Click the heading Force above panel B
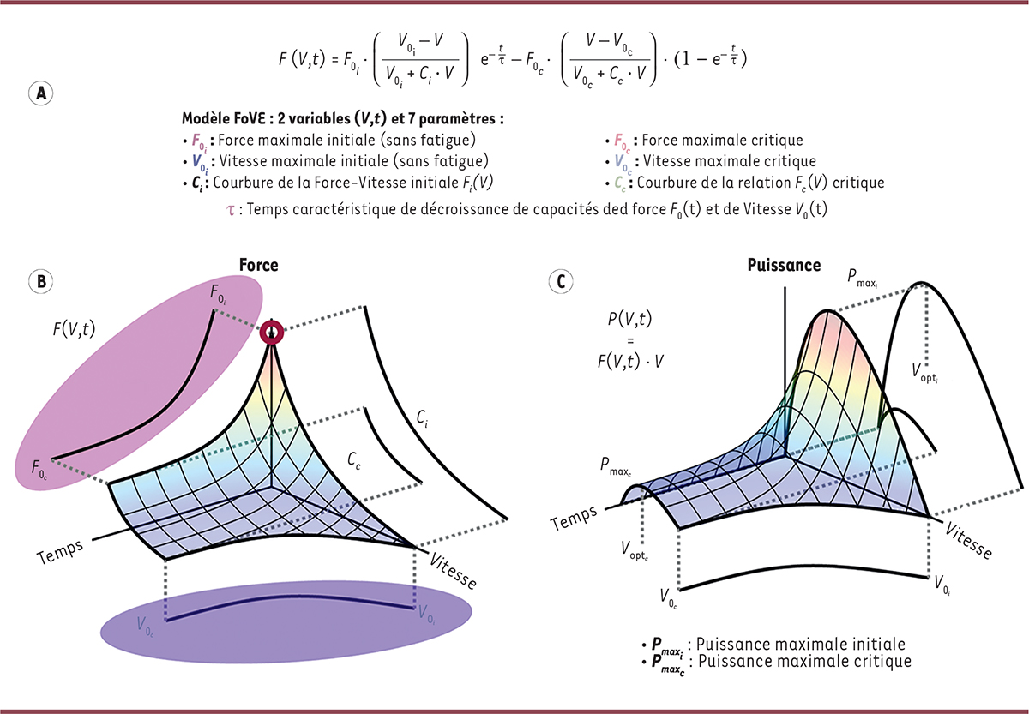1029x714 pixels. (x=259, y=266)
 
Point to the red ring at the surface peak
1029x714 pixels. (x=273, y=332)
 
